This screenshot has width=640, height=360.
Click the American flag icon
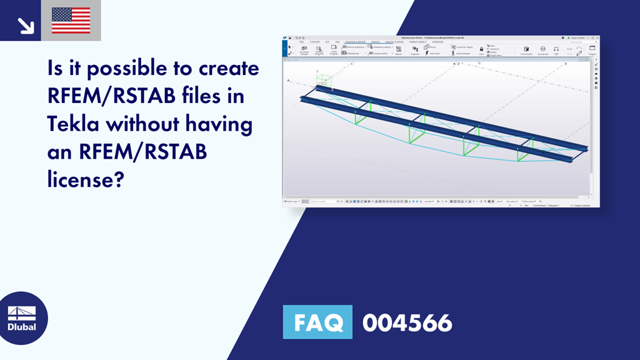[71, 20]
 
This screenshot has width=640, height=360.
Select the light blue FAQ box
[317, 322]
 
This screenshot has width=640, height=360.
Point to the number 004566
[407, 322]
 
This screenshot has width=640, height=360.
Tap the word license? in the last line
[86, 181]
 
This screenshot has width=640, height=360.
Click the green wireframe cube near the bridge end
[324, 81]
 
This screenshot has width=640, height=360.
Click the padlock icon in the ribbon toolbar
[481, 48]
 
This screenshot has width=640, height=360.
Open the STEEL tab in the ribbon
[302, 42]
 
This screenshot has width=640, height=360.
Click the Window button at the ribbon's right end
[592, 49]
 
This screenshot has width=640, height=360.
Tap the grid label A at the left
[288, 81]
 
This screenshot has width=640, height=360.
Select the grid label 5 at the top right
[566, 64]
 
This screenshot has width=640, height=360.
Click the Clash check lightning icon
[427, 53]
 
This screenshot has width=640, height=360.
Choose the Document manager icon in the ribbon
[304, 49]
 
